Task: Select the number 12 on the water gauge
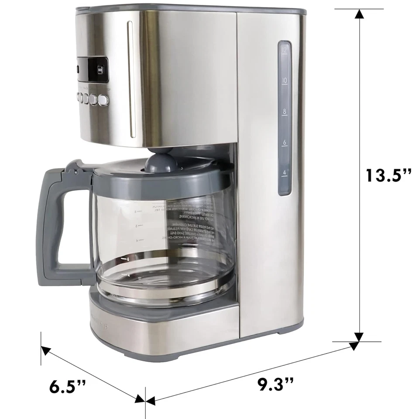tap(285, 50)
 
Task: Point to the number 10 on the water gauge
tap(285, 81)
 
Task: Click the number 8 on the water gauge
tap(285, 112)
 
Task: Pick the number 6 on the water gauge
tap(285, 143)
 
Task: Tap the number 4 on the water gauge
tap(285, 173)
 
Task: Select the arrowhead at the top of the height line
tap(359, 14)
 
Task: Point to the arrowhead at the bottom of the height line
tap(359, 337)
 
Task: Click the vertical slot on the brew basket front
tap(131, 79)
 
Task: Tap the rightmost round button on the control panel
tap(103, 100)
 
